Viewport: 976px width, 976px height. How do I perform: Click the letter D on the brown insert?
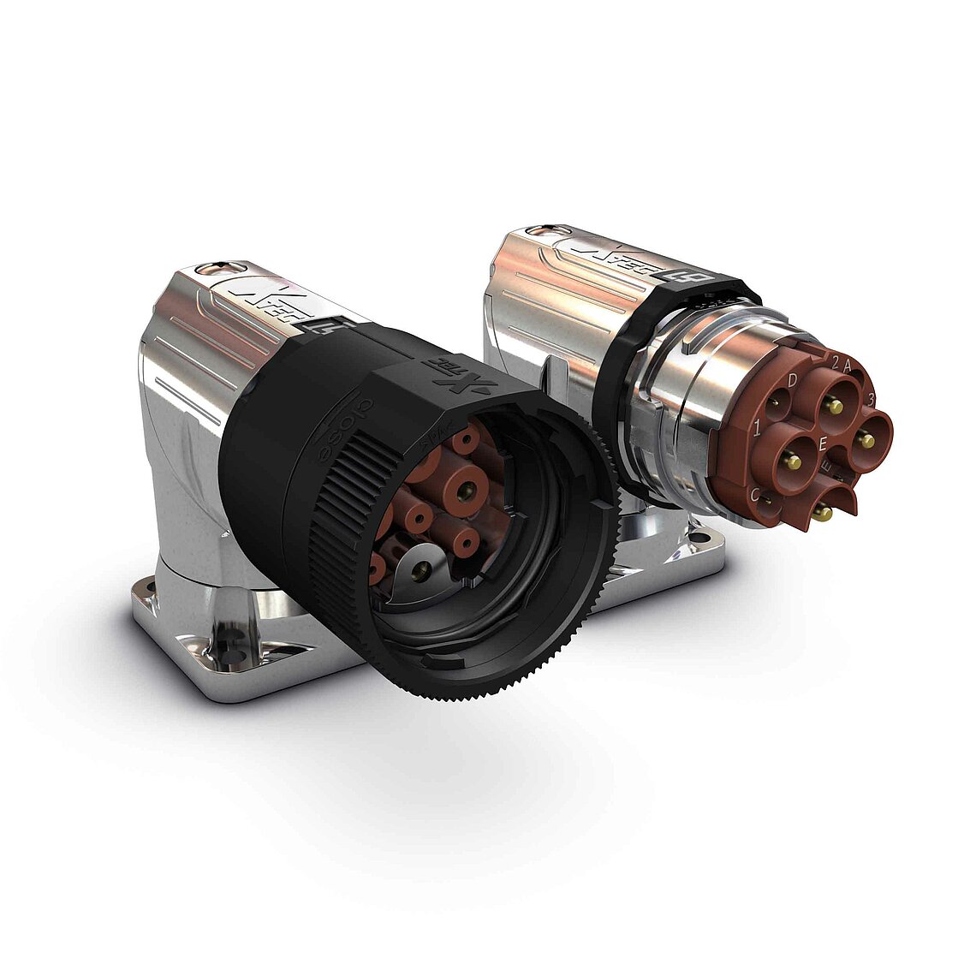pyautogui.click(x=793, y=379)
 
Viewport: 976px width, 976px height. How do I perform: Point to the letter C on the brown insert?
pyautogui.click(x=755, y=494)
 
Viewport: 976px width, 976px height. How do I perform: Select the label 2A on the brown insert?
pyautogui.click(x=840, y=363)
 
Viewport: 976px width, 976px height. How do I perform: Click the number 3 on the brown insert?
pyautogui.click(x=871, y=399)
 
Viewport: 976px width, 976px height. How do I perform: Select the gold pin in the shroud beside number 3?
pyautogui.click(x=867, y=440)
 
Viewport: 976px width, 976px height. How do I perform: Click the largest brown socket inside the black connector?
pyautogui.click(x=467, y=491)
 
